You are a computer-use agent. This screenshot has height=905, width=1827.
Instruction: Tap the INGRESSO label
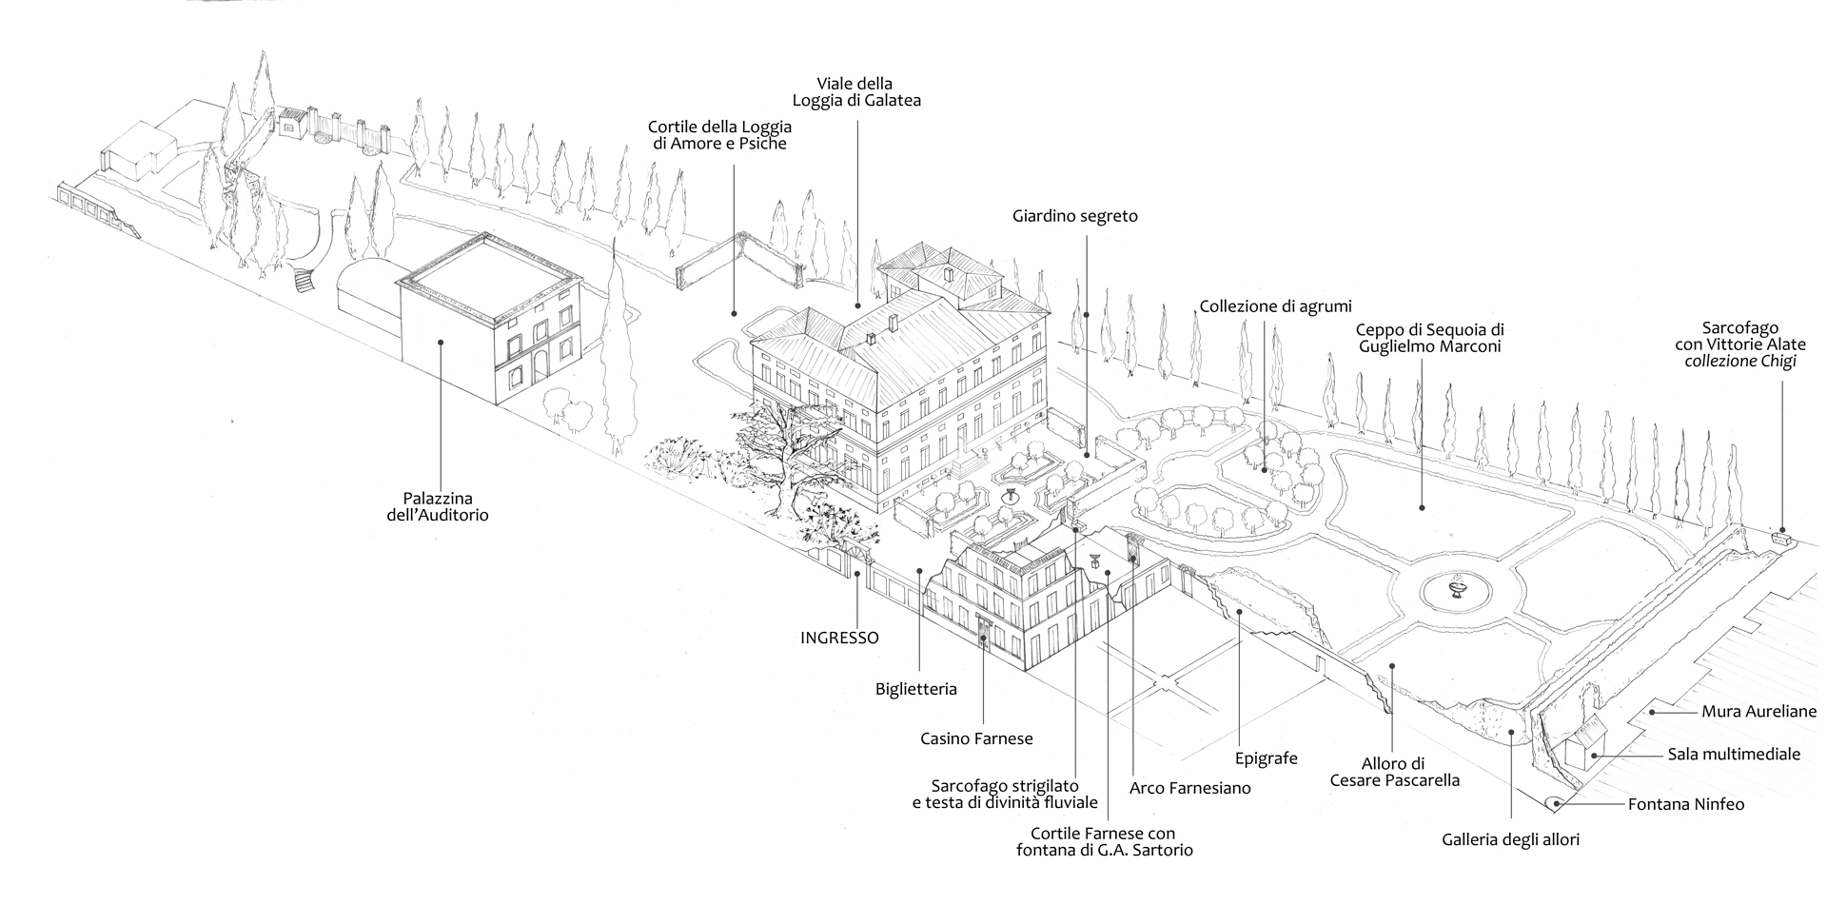839,638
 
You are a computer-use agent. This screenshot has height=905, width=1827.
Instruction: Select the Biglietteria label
916,689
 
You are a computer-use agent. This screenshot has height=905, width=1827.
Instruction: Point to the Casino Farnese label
976,738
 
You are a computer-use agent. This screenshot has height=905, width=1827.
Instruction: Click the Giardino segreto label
1075,216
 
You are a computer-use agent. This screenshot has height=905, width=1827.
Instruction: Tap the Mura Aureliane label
1758,711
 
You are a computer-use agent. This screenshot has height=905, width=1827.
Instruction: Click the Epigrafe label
1267,758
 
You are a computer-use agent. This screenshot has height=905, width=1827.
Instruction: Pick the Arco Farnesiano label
1189,788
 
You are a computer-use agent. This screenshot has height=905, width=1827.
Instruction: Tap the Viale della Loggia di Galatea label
855,91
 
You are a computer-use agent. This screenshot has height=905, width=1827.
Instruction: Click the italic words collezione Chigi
1740,362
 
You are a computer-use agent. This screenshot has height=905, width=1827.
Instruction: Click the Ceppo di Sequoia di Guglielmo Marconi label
1429,338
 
